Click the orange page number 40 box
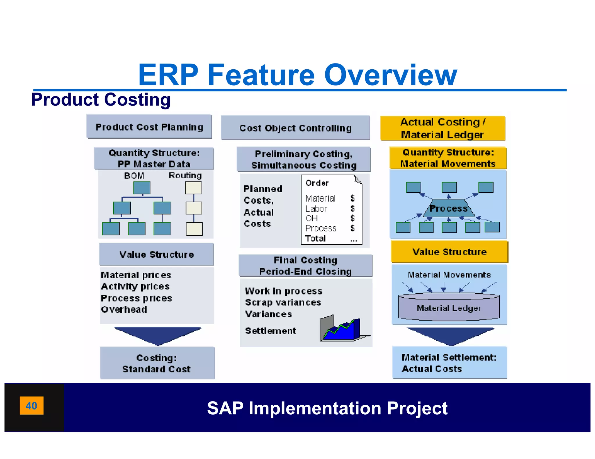[x=31, y=405]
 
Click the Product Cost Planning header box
[x=149, y=127]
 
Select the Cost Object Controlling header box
[x=295, y=128]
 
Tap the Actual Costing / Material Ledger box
[x=442, y=128]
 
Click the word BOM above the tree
[x=134, y=176]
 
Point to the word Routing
[x=185, y=175]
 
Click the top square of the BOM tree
[x=142, y=188]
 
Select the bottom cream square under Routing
[x=194, y=229]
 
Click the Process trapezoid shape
[x=449, y=208]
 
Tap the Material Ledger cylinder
[x=449, y=308]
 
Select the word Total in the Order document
[x=315, y=238]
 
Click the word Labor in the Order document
[x=316, y=209]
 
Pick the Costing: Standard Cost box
[x=157, y=363]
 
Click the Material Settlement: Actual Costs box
[x=449, y=363]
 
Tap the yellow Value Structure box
[x=449, y=252]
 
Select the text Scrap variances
[x=283, y=302]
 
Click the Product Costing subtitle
[x=101, y=100]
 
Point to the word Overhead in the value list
[x=124, y=310]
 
